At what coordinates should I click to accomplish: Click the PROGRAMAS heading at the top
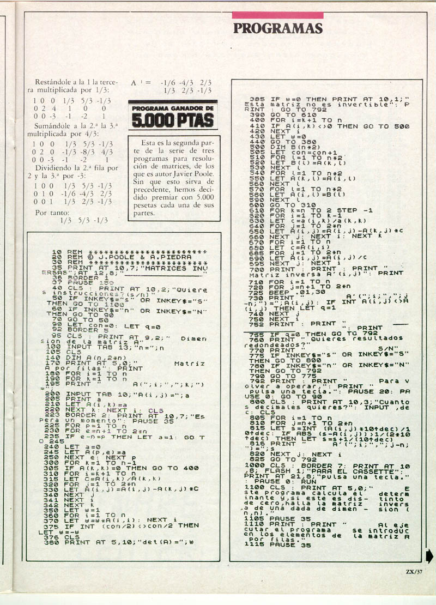277,28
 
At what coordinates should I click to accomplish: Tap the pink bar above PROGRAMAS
277,15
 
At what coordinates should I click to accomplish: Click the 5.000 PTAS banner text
172,119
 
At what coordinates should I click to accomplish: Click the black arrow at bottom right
430,541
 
